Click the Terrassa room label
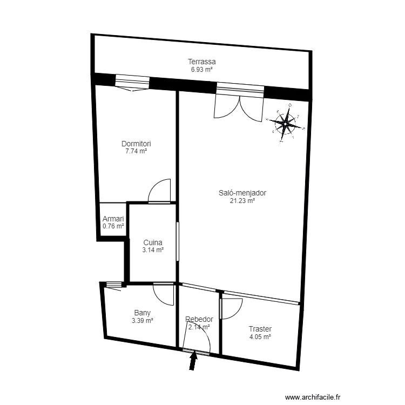202,62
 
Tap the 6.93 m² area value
202,70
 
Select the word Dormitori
136,144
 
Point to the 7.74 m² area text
136,151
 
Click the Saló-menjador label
242,193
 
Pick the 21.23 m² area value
242,201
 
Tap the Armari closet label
113,219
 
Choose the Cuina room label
153,242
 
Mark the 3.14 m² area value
153,250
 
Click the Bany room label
143,313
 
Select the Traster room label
260,329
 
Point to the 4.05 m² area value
260,337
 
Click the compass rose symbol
286,123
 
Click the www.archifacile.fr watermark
313,397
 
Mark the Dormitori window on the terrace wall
132,82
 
